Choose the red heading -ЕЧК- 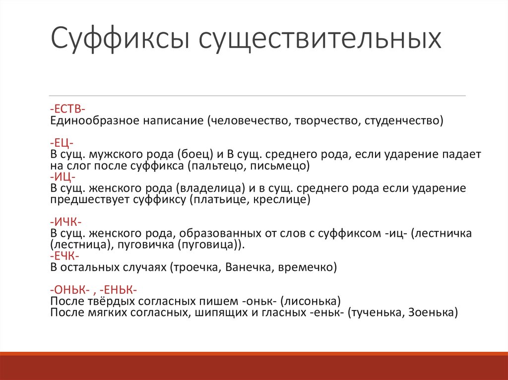coord(65,256)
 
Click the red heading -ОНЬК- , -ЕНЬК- coord(94,290)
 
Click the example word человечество coord(248,120)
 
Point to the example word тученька coord(375,313)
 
